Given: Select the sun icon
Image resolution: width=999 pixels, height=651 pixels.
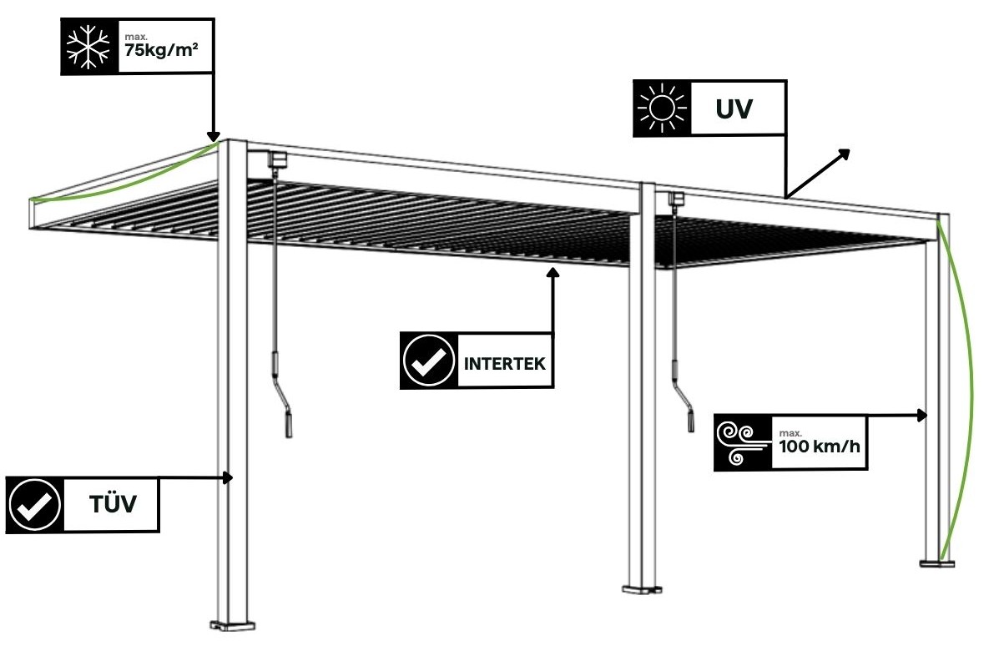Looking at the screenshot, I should pos(659,108).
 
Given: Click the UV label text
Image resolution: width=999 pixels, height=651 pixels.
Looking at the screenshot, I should pos(734,108).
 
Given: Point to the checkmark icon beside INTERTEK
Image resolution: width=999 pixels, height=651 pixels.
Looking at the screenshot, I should pos(428,361).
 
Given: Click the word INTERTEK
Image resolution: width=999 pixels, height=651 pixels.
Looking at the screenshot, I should pos(504,363).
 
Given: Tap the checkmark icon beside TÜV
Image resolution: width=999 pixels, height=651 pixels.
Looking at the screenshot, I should pos(34,505).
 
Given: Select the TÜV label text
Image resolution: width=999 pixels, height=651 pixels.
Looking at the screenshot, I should pos(113,505).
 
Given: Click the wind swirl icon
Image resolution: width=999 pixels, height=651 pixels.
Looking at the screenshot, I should pos(742,442).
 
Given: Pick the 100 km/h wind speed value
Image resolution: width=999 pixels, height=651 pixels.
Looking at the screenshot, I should pos(819,446).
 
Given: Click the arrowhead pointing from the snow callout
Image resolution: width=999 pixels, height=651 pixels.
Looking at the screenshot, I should pos(213,136).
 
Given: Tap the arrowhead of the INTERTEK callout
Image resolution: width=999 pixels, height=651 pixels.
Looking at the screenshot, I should pos(552,272).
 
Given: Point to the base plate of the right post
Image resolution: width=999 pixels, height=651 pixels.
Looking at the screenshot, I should pos(937,563).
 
